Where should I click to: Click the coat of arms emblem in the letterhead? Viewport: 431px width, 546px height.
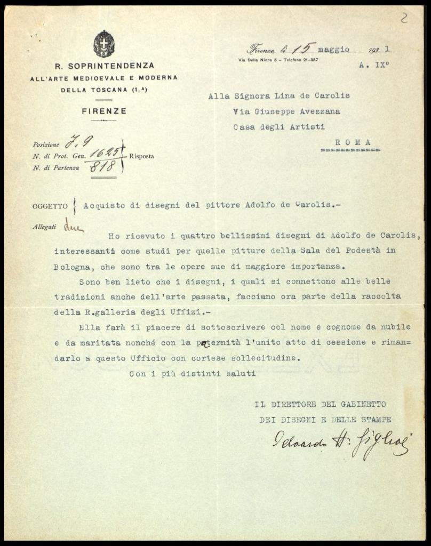[104, 44]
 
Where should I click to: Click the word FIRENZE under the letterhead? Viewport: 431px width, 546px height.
[104, 111]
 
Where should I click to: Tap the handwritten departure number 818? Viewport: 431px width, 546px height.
[102, 167]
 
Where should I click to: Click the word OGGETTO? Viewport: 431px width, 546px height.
[50, 206]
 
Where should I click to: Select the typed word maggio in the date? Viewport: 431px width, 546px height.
[334, 50]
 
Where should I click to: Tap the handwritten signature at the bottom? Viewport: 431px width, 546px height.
[341, 442]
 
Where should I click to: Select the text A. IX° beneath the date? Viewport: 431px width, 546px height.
[373, 68]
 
